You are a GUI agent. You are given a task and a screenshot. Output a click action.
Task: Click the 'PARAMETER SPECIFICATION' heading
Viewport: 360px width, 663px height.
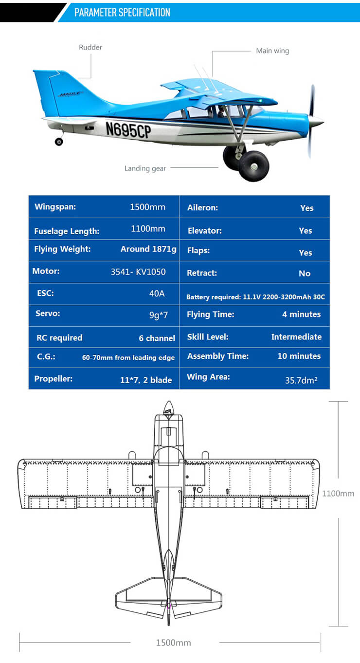click(122, 12)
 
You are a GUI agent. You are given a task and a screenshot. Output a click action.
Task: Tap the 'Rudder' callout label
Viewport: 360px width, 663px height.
click(90, 47)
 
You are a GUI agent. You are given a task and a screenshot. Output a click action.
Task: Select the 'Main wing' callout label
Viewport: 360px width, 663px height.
click(272, 51)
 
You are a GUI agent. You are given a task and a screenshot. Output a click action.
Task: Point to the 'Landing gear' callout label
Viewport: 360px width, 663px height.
click(145, 168)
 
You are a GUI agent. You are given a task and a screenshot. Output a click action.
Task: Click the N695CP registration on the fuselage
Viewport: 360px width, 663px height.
click(128, 129)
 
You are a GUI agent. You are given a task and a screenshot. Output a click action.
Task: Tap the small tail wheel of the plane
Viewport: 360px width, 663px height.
click(59, 142)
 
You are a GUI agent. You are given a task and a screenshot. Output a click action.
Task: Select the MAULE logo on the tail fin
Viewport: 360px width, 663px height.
click(71, 94)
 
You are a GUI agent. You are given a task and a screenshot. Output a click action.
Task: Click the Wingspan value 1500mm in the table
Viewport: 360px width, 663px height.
click(147, 207)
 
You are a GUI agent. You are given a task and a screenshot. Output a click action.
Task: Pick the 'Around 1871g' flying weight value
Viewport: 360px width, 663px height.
click(148, 249)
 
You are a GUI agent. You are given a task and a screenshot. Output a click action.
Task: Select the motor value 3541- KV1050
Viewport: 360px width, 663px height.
click(138, 272)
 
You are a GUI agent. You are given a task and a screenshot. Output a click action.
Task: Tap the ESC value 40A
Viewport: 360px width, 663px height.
click(157, 294)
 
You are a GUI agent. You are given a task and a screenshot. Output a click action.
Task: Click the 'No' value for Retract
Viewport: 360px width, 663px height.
click(305, 274)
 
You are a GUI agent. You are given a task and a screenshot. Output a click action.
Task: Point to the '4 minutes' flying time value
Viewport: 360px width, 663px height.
click(301, 314)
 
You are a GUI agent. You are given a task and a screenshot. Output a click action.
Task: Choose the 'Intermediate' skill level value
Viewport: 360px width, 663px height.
click(296, 337)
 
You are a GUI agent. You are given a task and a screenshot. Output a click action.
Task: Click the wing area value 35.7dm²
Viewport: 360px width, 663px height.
click(301, 380)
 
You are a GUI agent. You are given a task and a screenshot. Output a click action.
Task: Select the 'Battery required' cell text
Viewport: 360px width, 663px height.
click(255, 297)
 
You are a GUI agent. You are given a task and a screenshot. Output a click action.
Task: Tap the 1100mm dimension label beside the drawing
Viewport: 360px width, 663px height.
click(338, 494)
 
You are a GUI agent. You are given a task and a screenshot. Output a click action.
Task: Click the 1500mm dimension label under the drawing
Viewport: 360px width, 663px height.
click(173, 643)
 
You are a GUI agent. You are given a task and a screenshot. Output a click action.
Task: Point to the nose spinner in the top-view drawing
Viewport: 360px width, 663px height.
click(168, 407)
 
